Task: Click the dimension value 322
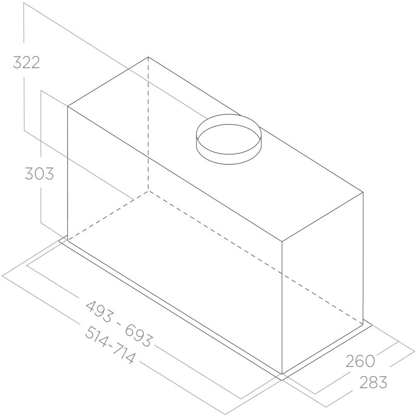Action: pyautogui.click(x=26, y=63)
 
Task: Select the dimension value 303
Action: pyautogui.click(x=39, y=173)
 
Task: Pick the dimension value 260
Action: pyautogui.click(x=360, y=360)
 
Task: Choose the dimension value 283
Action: pyautogui.click(x=373, y=383)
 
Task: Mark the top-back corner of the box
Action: pyautogui.click(x=148, y=57)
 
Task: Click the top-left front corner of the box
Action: pyautogui.click(x=68, y=106)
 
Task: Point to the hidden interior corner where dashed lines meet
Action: pyautogui.click(x=148, y=190)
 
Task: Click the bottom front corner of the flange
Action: pyautogui.click(x=282, y=377)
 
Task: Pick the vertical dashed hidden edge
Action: pyautogui.click(x=148, y=125)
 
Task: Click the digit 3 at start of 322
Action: pyautogui.click(x=17, y=63)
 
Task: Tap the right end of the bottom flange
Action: pyautogui.click(x=372, y=324)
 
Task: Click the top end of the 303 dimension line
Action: pyautogui.click(x=41, y=91)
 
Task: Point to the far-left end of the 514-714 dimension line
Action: pyautogui.click(x=3, y=274)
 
